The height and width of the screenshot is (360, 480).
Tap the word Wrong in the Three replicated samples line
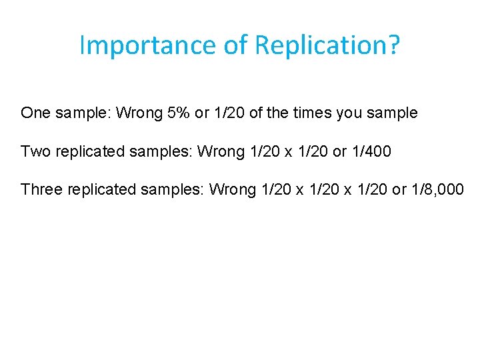233,189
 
